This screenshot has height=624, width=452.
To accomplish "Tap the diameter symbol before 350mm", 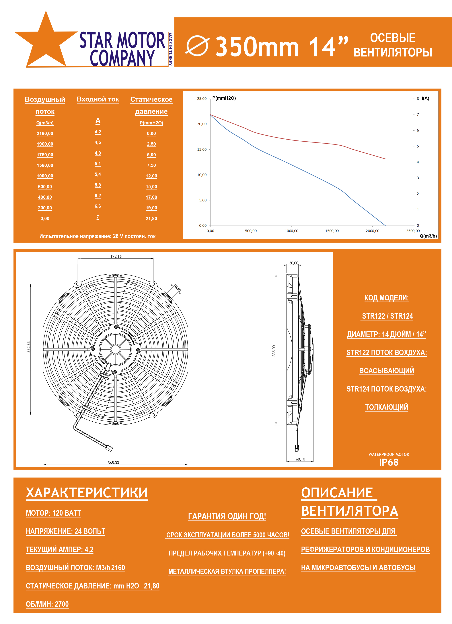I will point(198,46).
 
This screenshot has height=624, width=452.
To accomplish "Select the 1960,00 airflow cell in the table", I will point(45,144).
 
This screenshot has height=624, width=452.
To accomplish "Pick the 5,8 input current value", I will point(98,185).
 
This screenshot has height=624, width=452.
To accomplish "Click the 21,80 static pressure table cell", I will point(151,218).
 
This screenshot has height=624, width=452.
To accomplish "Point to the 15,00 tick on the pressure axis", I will point(202,149).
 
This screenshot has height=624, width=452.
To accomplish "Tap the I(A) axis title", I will point(425,98).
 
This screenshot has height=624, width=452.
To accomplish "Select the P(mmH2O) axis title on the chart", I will point(224,98).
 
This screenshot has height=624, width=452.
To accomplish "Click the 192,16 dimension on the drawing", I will point(116,256).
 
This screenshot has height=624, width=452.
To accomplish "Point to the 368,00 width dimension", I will point(113,463).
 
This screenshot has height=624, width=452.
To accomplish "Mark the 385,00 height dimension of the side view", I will point(274,351).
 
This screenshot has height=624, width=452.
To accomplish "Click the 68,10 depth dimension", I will point(300,459).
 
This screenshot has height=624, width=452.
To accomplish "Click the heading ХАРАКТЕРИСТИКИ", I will point(87,493).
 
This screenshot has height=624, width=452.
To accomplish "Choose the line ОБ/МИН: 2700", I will point(47,604).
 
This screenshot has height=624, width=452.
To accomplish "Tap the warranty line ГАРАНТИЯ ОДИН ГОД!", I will point(227,516).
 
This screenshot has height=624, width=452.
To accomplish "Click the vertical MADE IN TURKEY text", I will point(170,49).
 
